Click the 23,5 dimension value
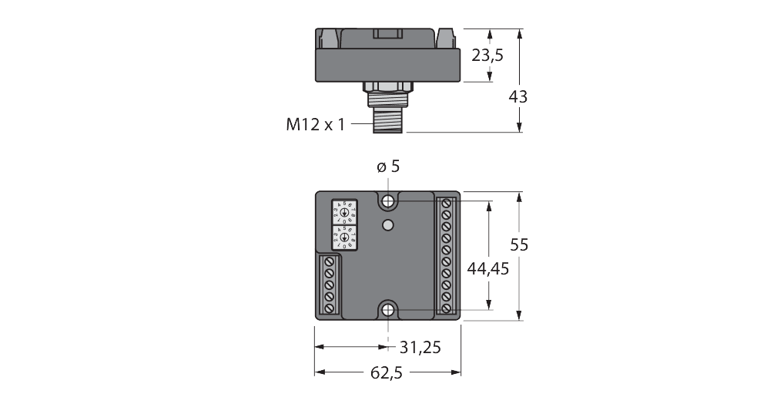point(488,56)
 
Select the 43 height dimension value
point(519,97)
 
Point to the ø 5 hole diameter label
point(388,167)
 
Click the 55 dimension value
point(520,244)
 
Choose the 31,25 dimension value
point(420,348)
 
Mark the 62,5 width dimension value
point(387,373)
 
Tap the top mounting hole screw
point(388,202)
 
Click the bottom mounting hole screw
point(388,310)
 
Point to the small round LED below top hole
point(388,225)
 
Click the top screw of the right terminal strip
point(446,204)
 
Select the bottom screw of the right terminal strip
point(446,308)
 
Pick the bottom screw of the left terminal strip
point(330,308)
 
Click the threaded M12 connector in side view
point(388,119)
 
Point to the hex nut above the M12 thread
point(388,86)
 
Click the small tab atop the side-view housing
point(388,33)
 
